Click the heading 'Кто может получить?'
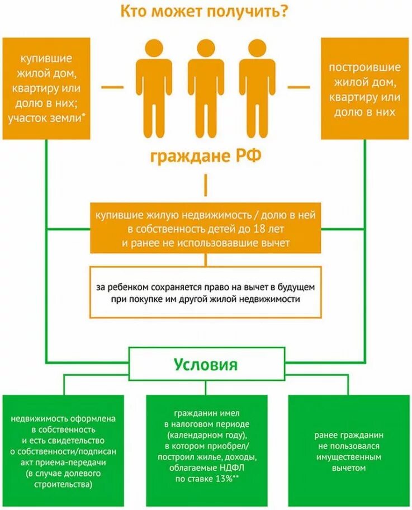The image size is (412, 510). click(205, 12)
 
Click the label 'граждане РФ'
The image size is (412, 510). click(205, 156)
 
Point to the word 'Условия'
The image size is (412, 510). click(205, 365)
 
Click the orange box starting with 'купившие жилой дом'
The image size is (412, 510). click(46, 88)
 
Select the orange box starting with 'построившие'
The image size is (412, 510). click(364, 88)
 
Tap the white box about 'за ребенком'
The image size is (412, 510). click(205, 292)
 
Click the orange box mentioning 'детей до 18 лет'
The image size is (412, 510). click(205, 228)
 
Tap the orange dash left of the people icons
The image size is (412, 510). click(112, 87)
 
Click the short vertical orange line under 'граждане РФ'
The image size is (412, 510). click(205, 184)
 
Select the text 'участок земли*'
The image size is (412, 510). click(50, 118)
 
